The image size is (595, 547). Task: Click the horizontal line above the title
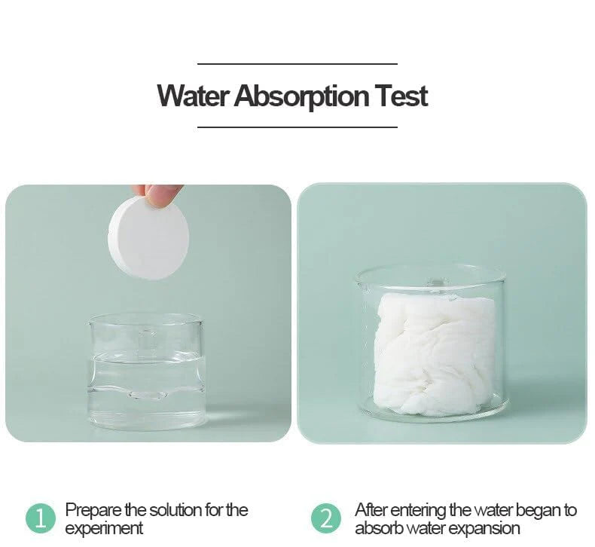(297, 64)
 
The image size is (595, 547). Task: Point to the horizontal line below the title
(297, 127)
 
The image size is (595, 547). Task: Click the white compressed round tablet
(148, 238)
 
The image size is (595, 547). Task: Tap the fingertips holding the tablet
(157, 194)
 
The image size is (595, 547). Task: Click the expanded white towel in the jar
(434, 353)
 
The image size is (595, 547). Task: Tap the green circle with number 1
(41, 518)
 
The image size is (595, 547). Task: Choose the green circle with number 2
(325, 518)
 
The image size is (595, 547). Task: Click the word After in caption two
(371, 511)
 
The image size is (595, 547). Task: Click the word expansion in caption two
(483, 528)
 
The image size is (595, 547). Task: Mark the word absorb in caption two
(377, 528)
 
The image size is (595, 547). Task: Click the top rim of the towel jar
(431, 270)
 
